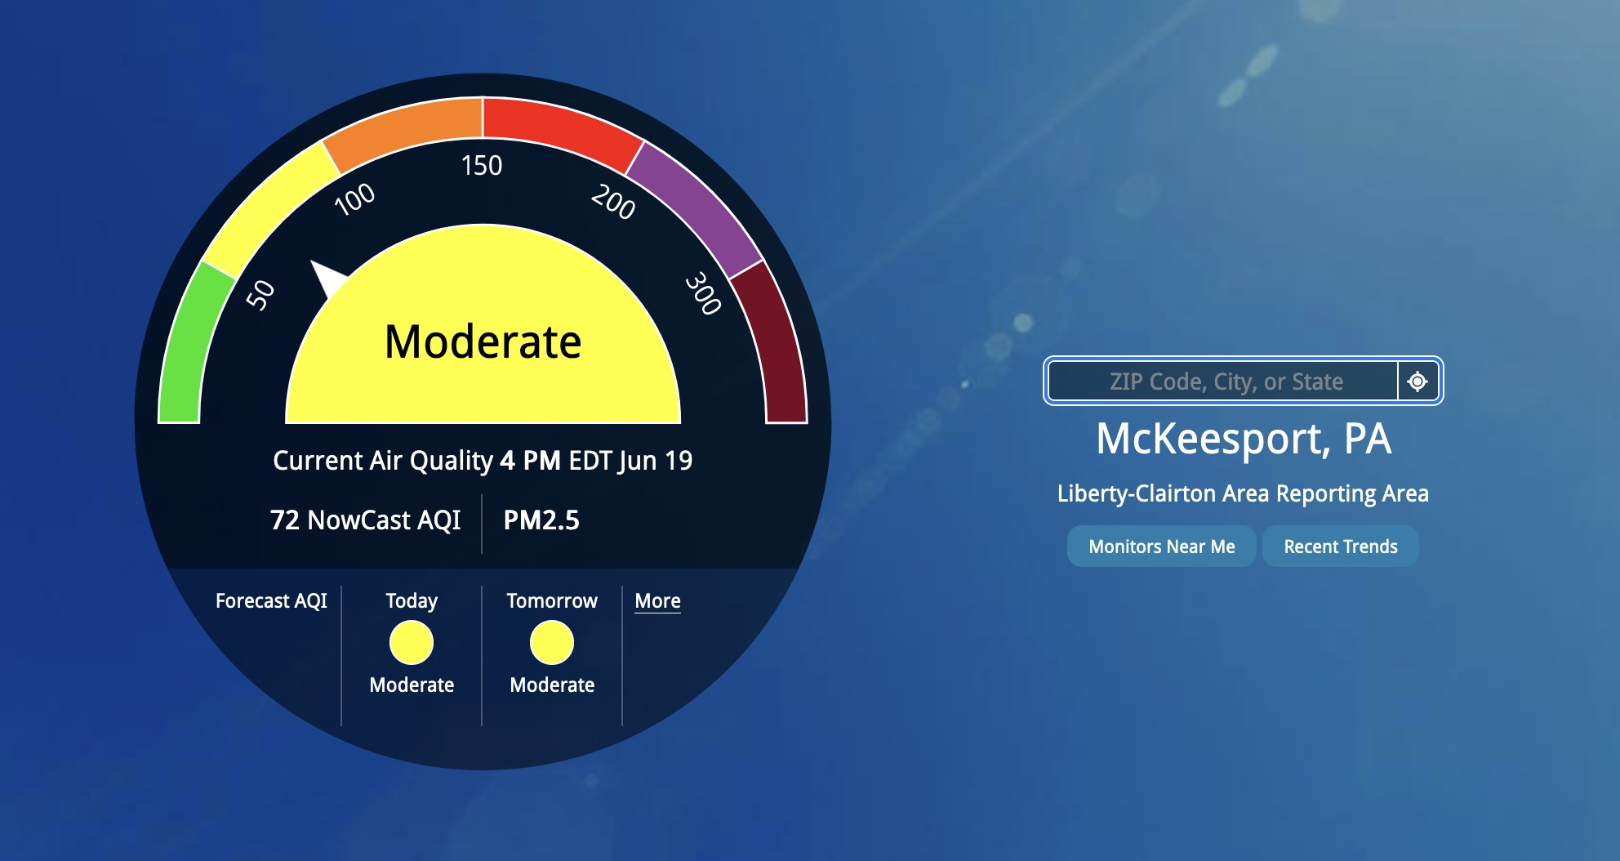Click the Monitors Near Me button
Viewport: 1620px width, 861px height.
coord(1161,546)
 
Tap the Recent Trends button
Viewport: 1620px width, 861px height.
coord(1341,546)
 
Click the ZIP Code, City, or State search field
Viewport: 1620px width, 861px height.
coord(1223,381)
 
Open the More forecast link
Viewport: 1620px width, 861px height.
coord(657,601)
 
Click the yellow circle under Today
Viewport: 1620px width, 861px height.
coord(412,643)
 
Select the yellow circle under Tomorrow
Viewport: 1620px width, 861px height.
coord(552,643)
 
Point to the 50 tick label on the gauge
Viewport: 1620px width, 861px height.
coord(260,295)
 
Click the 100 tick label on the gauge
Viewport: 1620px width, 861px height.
coord(355,199)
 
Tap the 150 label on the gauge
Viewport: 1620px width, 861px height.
coord(482,166)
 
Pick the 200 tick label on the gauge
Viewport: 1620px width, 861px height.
coord(613,202)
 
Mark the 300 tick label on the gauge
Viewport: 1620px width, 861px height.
coord(703,293)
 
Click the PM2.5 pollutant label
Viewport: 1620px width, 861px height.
coord(541,520)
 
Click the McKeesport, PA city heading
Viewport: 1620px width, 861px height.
coord(1244,439)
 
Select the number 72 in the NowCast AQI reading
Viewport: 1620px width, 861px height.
coord(285,520)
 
